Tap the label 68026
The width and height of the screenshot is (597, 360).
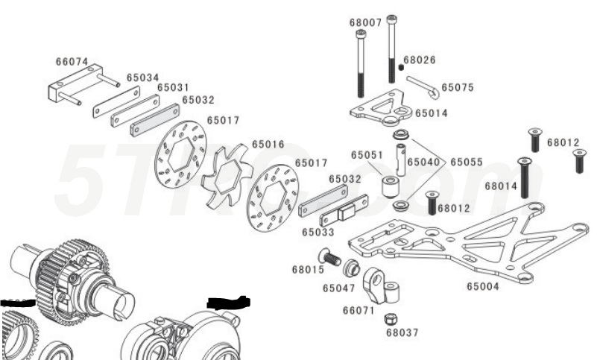(420, 60)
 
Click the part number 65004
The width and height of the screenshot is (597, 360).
(483, 285)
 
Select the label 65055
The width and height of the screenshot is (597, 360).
(466, 162)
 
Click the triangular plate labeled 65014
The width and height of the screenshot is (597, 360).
(379, 107)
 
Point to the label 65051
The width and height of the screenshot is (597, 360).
(367, 156)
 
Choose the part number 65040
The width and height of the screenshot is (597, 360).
(422, 162)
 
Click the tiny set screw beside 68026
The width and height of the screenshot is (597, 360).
(401, 67)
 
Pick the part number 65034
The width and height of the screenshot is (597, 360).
(142, 77)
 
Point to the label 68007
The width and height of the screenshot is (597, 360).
(365, 22)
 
